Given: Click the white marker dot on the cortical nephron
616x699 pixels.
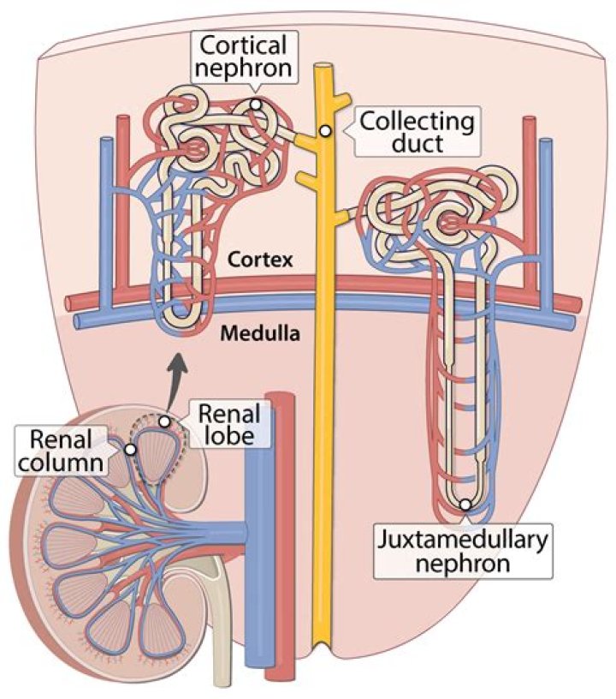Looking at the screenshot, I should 255,105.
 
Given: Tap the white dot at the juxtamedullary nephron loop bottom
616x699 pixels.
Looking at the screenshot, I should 464,505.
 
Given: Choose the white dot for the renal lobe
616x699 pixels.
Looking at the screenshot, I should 164,422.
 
